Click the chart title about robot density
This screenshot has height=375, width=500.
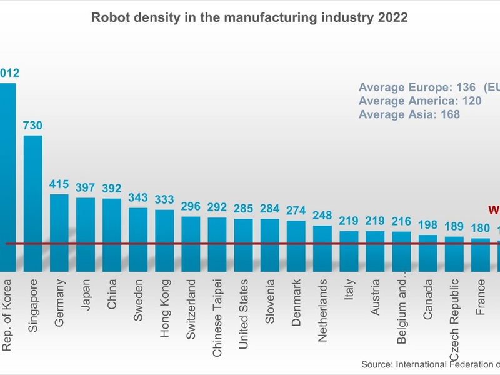coord(249,17)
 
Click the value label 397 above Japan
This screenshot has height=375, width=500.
coord(86,187)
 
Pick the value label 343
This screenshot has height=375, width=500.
coord(138,197)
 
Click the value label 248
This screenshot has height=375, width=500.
coord(322,216)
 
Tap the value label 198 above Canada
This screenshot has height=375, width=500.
coord(427,225)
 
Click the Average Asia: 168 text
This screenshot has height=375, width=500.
coord(409,114)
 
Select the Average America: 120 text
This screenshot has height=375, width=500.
coord(420,101)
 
